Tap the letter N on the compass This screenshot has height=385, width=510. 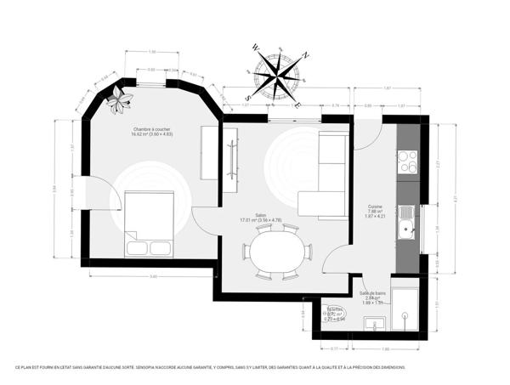(x=306, y=55)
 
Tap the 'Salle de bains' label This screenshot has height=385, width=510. (x=372, y=293)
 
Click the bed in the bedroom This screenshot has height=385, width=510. (x=150, y=224)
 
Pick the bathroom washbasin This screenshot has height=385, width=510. (x=371, y=323)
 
